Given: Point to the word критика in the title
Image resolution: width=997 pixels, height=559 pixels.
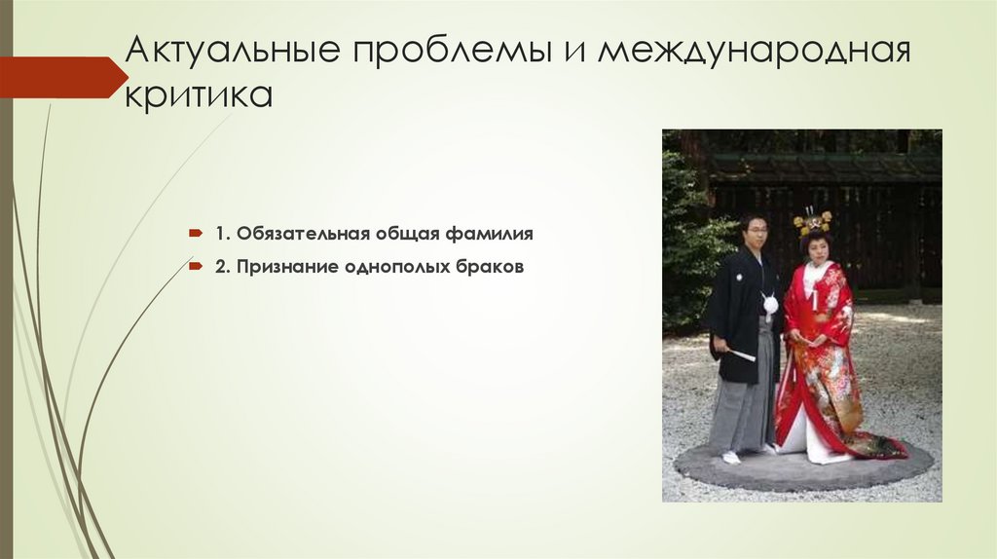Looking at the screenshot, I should pyautogui.click(x=199, y=95).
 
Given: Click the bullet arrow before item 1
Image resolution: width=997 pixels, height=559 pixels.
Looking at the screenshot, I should pyautogui.click(x=195, y=235).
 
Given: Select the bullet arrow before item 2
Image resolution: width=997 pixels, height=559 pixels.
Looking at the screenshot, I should pyautogui.click(x=195, y=266).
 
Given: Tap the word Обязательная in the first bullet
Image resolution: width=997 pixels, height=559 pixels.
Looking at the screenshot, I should pyautogui.click(x=293, y=235).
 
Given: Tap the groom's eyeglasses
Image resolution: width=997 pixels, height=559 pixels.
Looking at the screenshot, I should pyautogui.click(x=756, y=228).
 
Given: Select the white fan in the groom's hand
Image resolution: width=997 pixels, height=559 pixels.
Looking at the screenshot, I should pyautogui.click(x=742, y=354).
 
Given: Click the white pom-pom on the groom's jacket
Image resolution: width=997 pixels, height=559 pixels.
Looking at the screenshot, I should pyautogui.click(x=771, y=305).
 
